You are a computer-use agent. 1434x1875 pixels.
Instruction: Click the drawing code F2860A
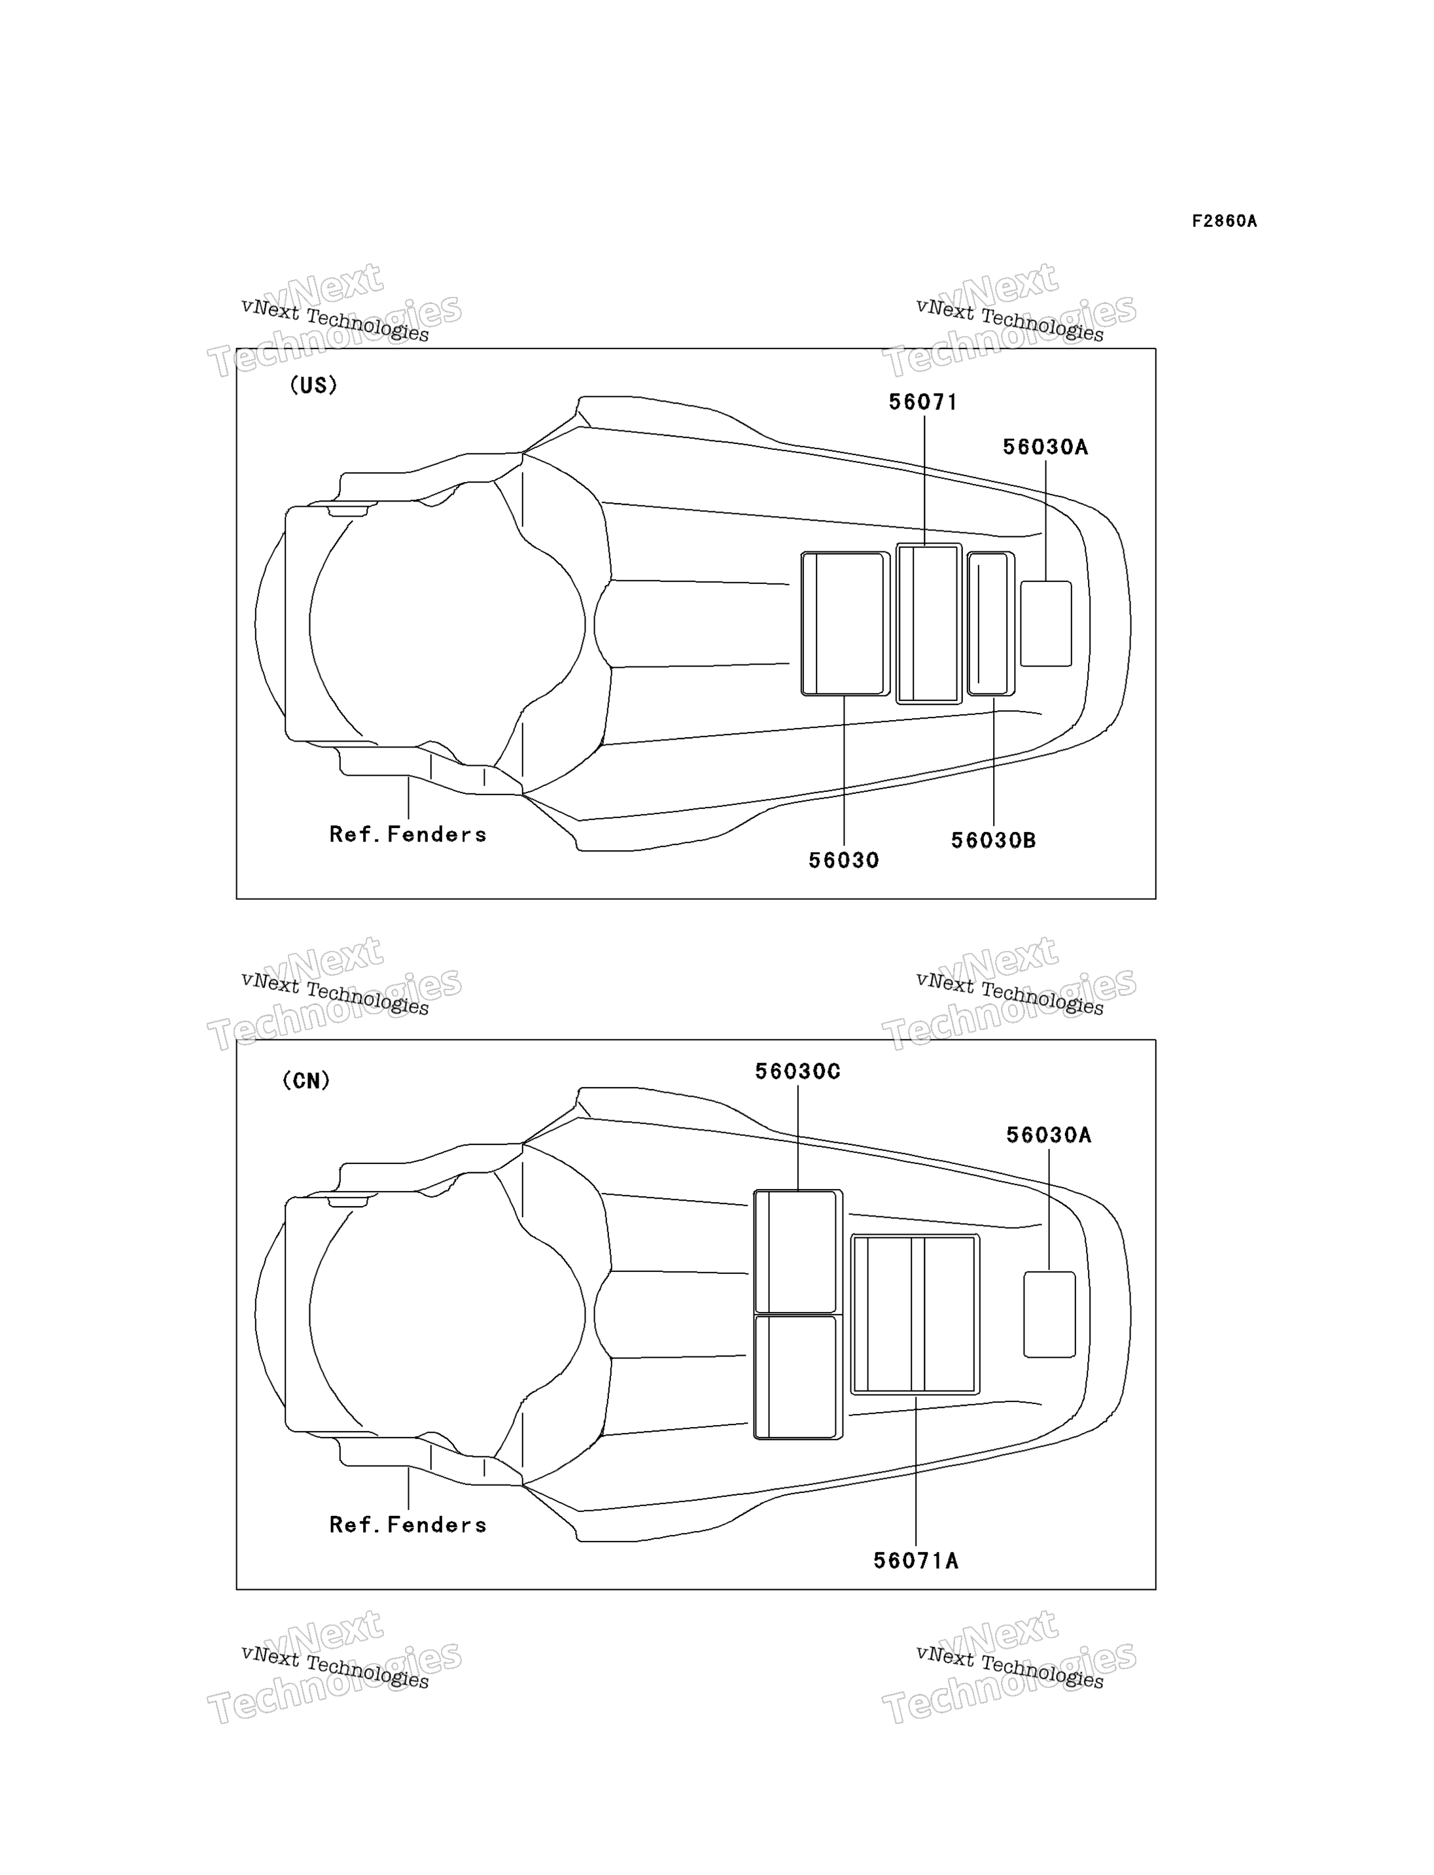coord(1224,221)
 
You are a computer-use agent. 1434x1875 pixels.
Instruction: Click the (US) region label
coord(313,385)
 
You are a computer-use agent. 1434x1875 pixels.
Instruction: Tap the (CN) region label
coord(306,1080)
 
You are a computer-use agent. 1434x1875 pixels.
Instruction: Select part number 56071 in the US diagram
coord(922,402)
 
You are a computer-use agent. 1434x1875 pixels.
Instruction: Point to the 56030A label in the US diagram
coord(1045,447)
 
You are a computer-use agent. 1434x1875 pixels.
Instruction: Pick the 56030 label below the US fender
coord(843,860)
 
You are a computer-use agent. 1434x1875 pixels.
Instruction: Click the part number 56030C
coord(797,1071)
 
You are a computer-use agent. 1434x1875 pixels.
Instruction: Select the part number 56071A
coord(915,1561)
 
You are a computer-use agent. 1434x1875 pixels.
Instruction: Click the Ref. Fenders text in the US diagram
coord(408,834)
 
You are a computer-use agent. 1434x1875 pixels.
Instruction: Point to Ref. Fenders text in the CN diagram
coord(408,1524)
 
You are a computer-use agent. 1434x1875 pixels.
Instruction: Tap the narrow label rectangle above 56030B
coord(991,624)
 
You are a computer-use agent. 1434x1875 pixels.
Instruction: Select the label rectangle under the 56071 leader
coord(929,624)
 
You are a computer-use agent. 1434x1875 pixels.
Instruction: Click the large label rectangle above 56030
coord(845,624)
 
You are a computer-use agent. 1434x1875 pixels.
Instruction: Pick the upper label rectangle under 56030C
coord(798,1251)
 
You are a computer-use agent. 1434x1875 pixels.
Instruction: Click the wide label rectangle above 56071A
coord(915,1315)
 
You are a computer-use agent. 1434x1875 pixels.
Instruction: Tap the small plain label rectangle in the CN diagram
coord(1049,1315)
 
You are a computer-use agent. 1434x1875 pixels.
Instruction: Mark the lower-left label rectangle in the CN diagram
coord(798,1377)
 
